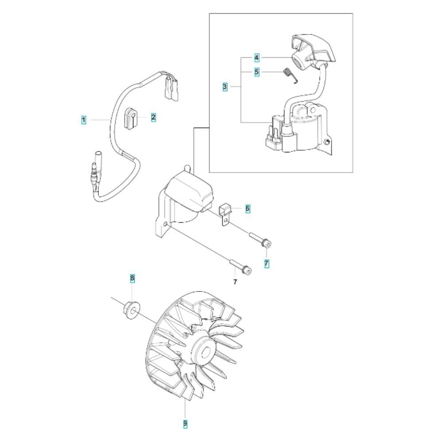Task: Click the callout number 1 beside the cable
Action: (84, 120)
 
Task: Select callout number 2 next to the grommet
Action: (153, 117)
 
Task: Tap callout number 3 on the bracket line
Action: (225, 87)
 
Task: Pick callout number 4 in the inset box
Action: (256, 58)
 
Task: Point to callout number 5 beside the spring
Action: (256, 72)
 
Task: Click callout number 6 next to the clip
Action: (248, 209)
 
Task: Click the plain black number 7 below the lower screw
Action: (235, 282)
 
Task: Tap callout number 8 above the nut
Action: (132, 278)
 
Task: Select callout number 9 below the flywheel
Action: (185, 424)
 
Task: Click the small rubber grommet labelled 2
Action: (130, 118)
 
